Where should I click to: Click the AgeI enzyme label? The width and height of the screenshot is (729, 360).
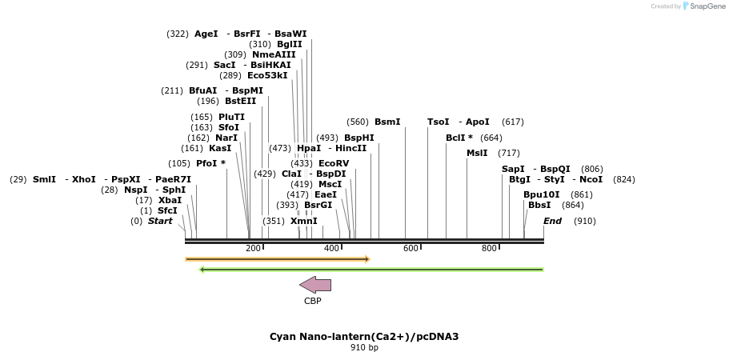[x=206, y=34]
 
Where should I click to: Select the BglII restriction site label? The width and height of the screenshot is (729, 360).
[x=290, y=44]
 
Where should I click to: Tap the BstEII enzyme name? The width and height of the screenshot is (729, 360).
[x=240, y=101]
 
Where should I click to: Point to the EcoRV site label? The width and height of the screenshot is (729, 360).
[x=334, y=163]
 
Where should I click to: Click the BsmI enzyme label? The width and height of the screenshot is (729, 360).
[x=387, y=122]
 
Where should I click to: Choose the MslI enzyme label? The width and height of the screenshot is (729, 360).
[x=477, y=153]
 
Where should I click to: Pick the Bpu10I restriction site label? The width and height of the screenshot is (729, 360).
[x=542, y=194]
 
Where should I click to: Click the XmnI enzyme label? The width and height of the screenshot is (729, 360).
[x=303, y=221]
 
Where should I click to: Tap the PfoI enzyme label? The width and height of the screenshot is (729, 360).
[x=207, y=163]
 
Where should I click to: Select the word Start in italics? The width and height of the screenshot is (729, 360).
[x=160, y=221]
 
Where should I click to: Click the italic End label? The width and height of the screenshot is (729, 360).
[x=552, y=221]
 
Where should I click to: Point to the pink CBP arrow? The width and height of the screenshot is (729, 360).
[x=315, y=285]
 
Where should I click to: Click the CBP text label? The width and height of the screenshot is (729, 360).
[x=313, y=302]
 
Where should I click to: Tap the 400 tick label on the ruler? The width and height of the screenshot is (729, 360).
[x=332, y=249]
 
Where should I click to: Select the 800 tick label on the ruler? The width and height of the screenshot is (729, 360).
[x=489, y=249]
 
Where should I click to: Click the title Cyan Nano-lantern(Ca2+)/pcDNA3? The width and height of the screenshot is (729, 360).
[x=364, y=336]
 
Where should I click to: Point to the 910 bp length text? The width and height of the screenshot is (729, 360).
[x=364, y=348]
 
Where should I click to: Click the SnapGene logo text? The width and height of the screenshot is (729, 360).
[x=704, y=6]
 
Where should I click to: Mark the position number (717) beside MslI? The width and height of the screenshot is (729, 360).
[x=509, y=153]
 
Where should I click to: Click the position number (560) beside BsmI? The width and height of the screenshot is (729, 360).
[x=358, y=122]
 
